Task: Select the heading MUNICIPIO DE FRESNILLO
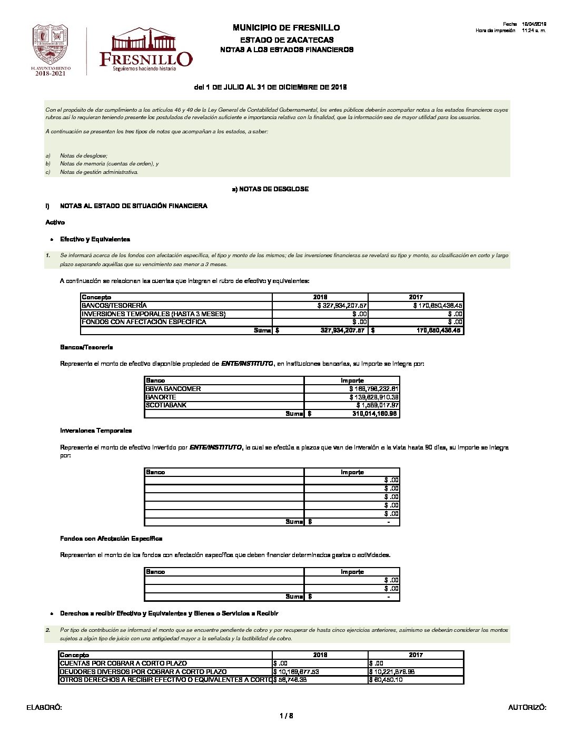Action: click(x=286, y=27)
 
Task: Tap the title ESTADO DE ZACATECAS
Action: click(x=286, y=40)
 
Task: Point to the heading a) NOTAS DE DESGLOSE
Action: click(x=270, y=189)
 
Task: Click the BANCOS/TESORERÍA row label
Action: click(x=114, y=306)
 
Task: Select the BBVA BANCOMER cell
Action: click(x=173, y=389)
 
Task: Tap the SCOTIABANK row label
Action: click(x=166, y=405)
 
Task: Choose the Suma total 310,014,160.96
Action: click(x=375, y=414)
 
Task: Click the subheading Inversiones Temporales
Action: click(x=96, y=431)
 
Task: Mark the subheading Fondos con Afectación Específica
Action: click(x=111, y=539)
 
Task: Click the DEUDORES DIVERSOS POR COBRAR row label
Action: click(x=143, y=672)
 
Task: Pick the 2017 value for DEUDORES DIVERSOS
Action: click(x=393, y=672)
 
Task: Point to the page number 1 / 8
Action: click(x=286, y=716)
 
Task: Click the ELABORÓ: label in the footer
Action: click(x=44, y=708)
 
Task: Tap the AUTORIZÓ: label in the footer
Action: click(x=527, y=708)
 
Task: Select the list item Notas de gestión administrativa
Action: click(x=99, y=172)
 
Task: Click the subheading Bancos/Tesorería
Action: click(x=86, y=347)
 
